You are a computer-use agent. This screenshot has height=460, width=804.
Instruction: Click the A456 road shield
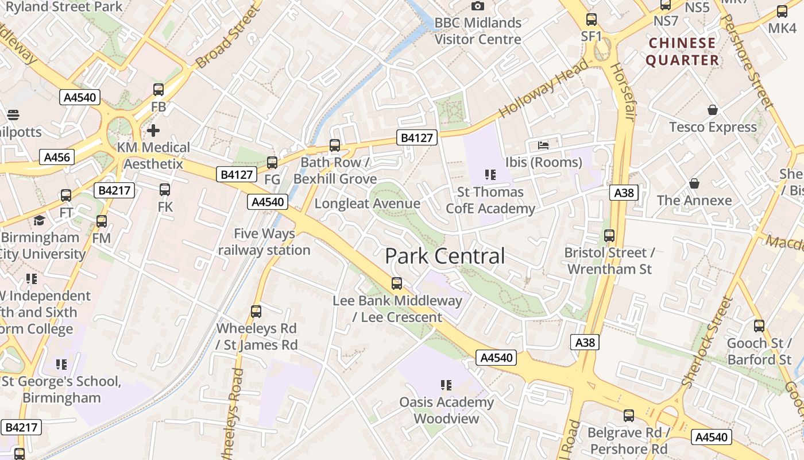point(57,157)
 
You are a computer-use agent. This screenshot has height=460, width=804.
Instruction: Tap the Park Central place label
point(445,256)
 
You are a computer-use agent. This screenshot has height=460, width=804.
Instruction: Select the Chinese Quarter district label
point(682,52)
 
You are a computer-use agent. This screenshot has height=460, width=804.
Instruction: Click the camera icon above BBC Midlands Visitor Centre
point(477,6)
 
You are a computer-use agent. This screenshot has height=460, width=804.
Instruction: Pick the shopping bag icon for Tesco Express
point(713,110)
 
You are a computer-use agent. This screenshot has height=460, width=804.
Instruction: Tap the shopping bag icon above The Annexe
point(694,183)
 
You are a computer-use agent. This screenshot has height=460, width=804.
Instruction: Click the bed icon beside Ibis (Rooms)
point(543,145)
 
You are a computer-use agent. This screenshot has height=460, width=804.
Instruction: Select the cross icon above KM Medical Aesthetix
point(153,131)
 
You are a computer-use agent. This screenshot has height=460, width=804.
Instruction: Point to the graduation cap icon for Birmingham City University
point(39,221)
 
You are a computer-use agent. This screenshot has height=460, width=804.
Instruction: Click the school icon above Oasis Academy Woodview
point(446,385)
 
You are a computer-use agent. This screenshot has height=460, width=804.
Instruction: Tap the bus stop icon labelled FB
point(159,90)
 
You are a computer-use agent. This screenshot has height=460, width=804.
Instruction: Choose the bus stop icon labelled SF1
point(592,20)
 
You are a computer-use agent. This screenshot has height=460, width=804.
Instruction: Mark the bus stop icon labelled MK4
point(782,11)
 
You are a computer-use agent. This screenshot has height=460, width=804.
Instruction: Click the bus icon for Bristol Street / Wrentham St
point(609,236)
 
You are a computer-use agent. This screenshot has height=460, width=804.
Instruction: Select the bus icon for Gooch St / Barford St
point(759,326)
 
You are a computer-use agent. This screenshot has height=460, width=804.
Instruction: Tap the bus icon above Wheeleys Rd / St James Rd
point(256,312)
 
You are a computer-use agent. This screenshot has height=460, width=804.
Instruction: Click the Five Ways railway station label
point(264,242)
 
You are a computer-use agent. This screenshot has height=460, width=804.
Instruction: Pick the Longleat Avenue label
point(368,204)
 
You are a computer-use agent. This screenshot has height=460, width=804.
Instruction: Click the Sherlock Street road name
point(708,342)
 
